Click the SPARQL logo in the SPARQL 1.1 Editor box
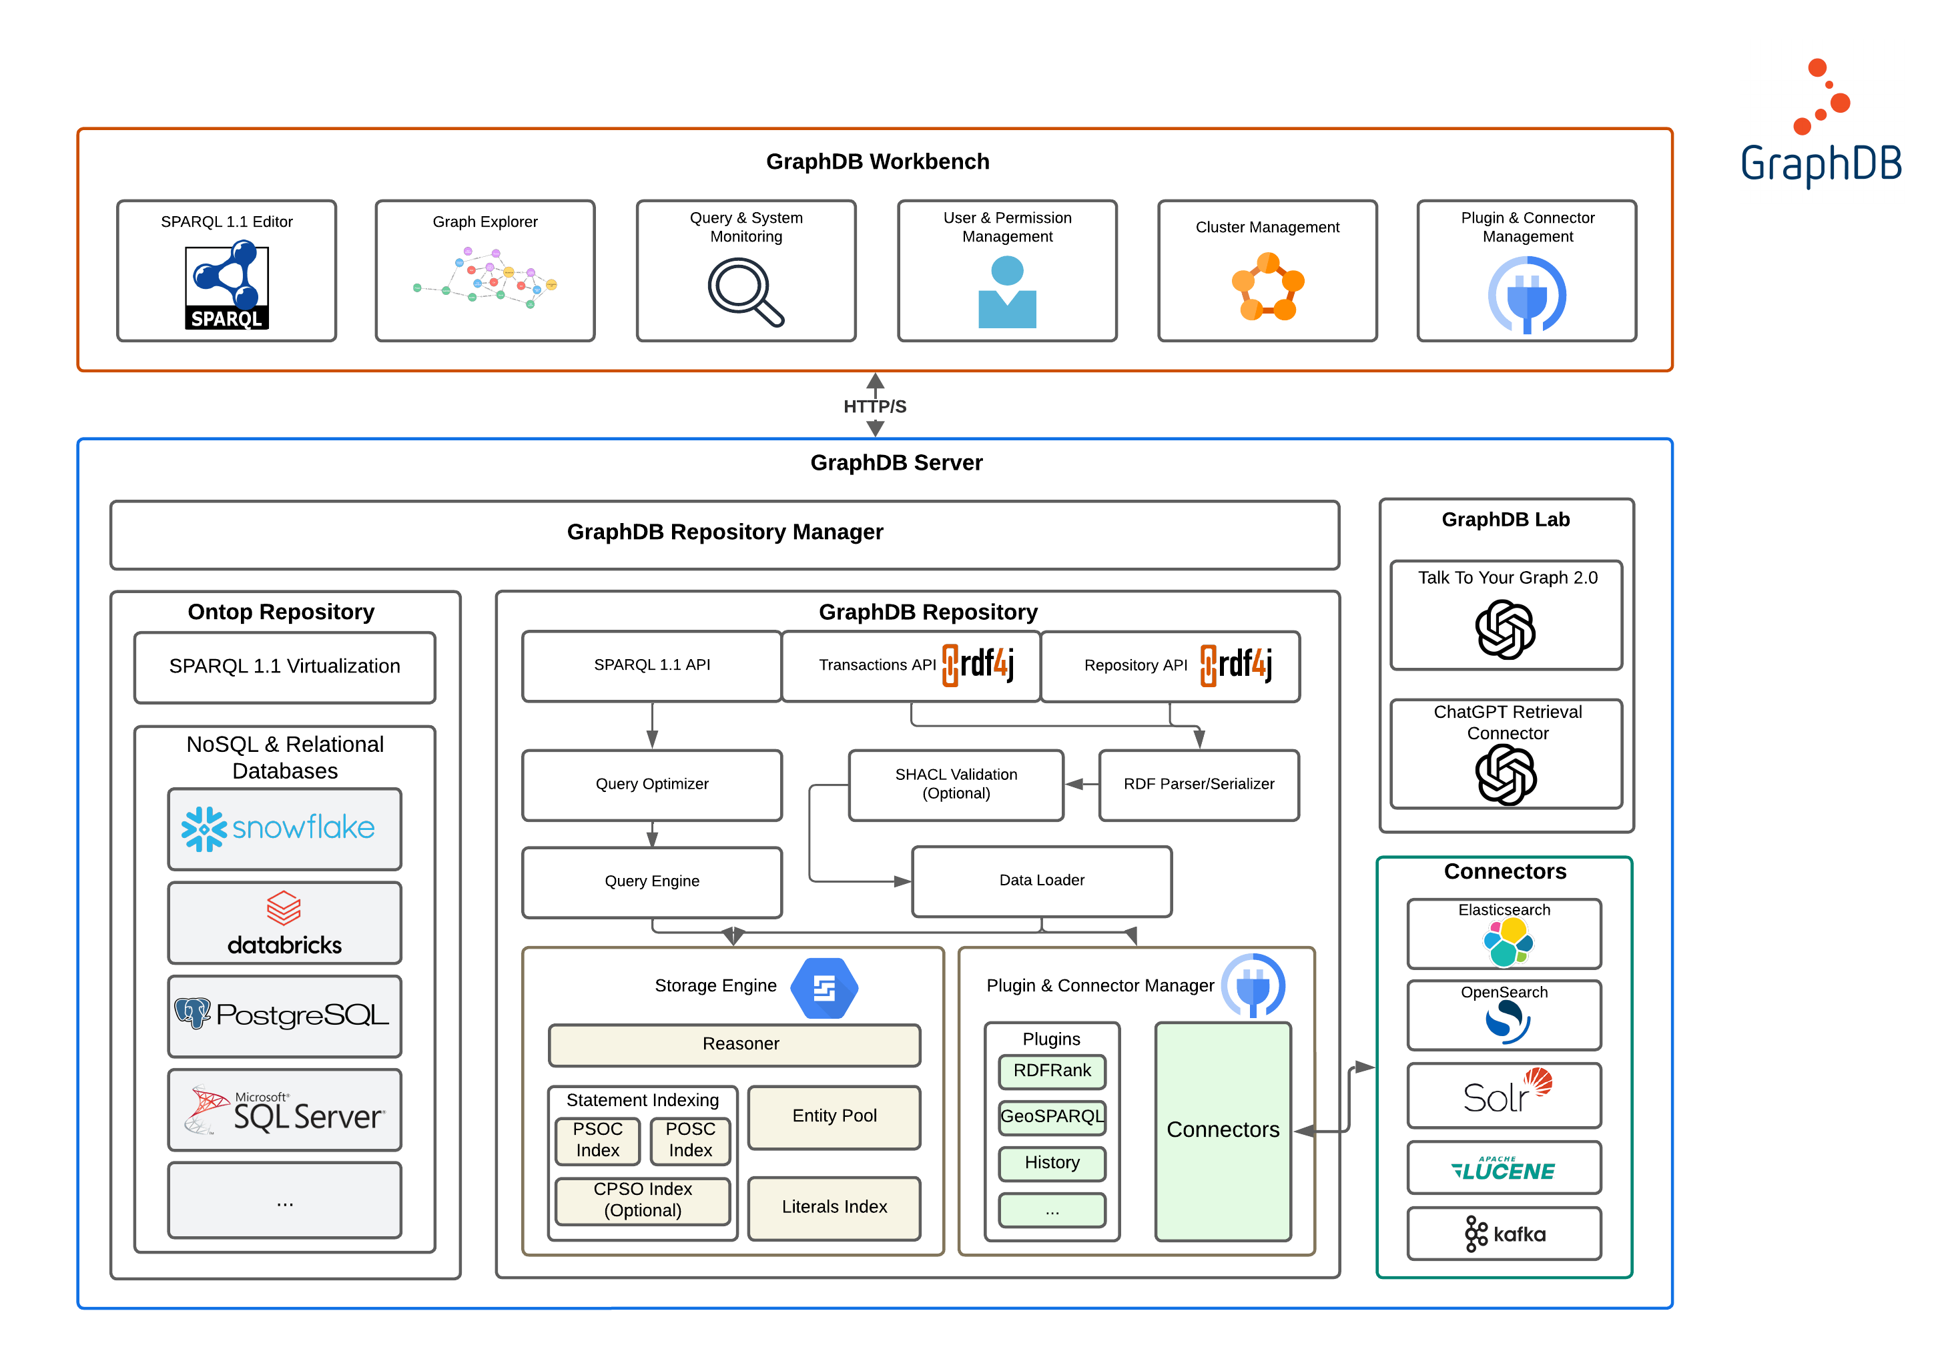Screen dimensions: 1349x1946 (x=226, y=285)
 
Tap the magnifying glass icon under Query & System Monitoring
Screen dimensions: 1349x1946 (x=744, y=291)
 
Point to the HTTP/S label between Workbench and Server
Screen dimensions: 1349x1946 (x=874, y=406)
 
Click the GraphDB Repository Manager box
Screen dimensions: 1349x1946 (x=725, y=533)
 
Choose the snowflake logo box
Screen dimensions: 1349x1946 (x=284, y=829)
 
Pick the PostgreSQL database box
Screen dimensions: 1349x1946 (x=284, y=1015)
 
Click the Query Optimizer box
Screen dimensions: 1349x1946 (x=652, y=785)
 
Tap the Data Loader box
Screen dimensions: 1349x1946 (x=1042, y=881)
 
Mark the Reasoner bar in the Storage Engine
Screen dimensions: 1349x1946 (x=734, y=1044)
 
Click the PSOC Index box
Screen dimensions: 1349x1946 (x=598, y=1140)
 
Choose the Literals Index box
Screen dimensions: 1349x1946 (x=834, y=1207)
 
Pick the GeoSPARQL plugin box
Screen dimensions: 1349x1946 (x=1052, y=1117)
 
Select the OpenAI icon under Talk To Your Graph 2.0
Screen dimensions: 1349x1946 (x=1505, y=630)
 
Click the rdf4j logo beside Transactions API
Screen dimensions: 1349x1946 (x=978, y=664)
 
